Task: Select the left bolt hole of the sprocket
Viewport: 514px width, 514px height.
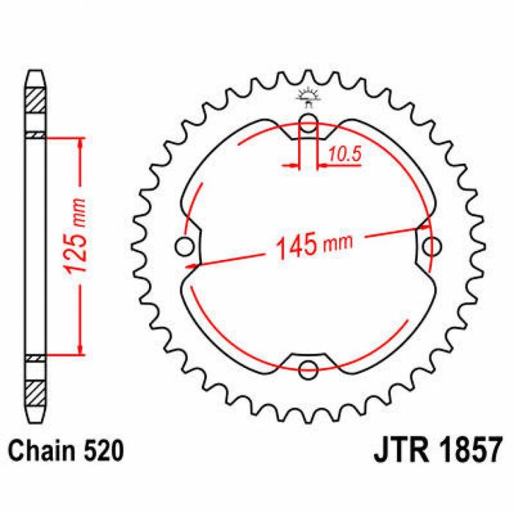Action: tap(185, 245)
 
